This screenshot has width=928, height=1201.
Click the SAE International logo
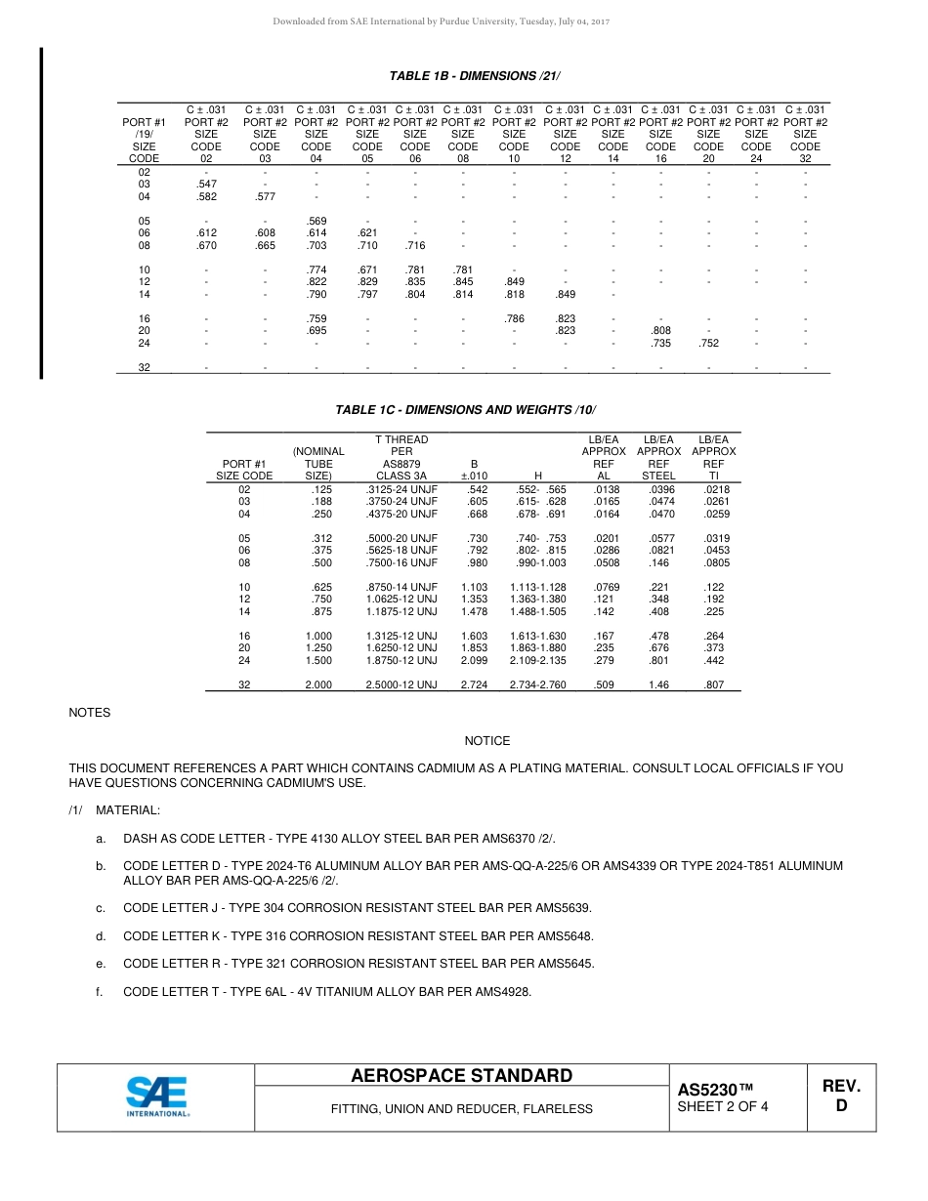point(156,1096)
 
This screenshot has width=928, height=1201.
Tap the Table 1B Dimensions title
point(475,76)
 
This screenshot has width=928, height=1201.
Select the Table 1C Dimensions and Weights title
point(465,410)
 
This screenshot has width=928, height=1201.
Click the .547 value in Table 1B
point(206,184)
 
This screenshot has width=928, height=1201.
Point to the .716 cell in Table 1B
point(415,246)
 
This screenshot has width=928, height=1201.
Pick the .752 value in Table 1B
point(709,344)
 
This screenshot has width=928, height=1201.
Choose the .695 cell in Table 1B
point(316,331)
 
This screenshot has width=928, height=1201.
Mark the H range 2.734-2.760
point(537,685)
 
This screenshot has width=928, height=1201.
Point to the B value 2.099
point(474,661)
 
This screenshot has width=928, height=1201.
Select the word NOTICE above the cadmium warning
point(487,741)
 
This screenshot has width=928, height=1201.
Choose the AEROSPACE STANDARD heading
point(461,1076)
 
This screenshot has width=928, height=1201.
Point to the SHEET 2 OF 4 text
point(723,1107)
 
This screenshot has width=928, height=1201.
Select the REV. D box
point(840,1097)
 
